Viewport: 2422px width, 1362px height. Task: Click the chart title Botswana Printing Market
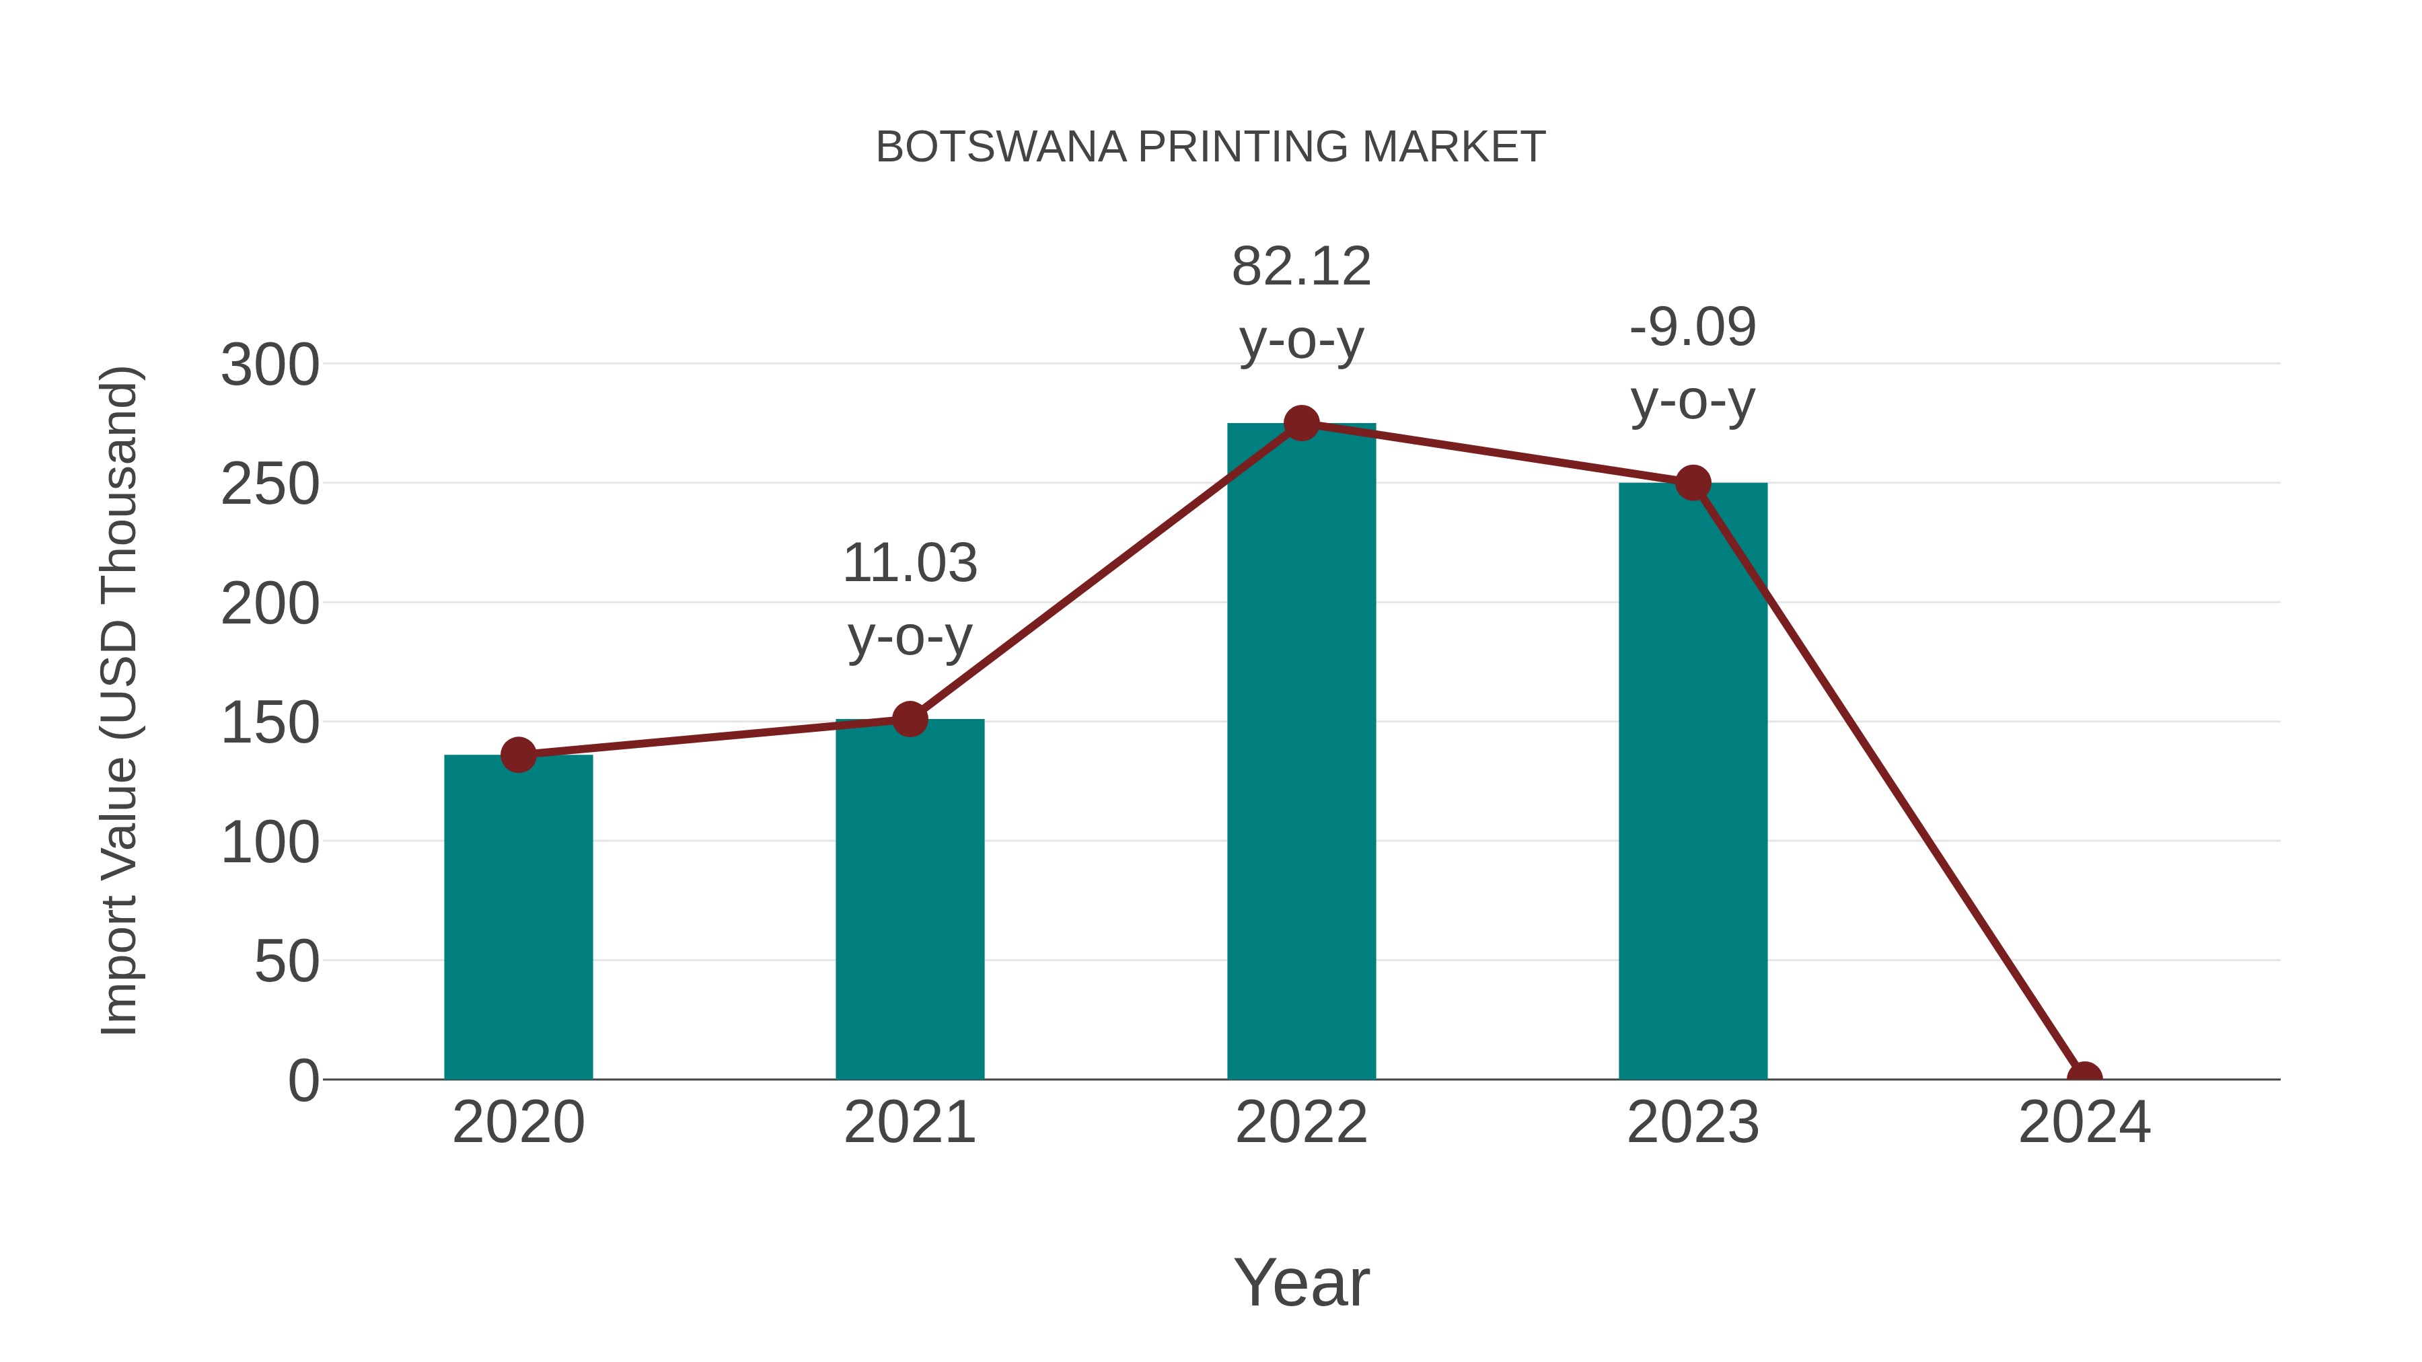(1210, 147)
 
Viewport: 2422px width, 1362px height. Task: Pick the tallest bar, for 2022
(1301, 752)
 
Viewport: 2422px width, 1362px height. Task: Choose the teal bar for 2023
(1693, 780)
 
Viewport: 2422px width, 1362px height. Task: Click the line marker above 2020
(518, 755)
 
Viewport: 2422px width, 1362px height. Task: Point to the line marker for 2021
(909, 720)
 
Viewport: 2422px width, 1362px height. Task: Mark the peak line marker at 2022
(1301, 424)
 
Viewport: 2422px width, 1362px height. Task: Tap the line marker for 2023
(1693, 483)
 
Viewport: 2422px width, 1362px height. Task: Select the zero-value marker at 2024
(2084, 1077)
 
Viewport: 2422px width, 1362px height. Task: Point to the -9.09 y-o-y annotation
(1693, 364)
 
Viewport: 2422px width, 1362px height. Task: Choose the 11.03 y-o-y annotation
(909, 600)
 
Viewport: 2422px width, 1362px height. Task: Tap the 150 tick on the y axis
(270, 723)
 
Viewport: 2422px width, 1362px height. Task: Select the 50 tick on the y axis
(286, 962)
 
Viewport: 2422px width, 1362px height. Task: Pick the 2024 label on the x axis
(2084, 1123)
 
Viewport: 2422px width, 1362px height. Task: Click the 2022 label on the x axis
(1301, 1123)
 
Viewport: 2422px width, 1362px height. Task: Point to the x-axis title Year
(1301, 1282)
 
